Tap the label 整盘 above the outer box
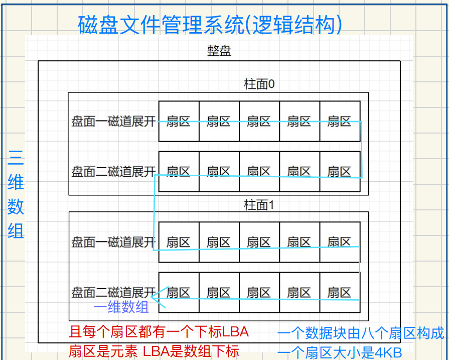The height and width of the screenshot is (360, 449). [x=219, y=51]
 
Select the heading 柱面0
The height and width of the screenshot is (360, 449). [x=259, y=84]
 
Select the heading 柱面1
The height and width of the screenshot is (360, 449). [x=259, y=205]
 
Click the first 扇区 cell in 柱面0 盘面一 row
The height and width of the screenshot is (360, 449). [x=179, y=121]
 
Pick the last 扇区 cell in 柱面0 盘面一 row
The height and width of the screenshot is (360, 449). [x=340, y=121]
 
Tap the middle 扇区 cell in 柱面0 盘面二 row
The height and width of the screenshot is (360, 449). [x=259, y=172]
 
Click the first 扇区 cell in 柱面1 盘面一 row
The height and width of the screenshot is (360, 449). [x=179, y=242]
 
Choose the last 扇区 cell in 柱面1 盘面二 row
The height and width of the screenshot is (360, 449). [x=340, y=292]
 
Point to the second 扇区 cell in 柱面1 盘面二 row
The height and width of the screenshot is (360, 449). [x=219, y=292]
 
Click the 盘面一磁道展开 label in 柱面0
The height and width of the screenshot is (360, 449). [x=114, y=122]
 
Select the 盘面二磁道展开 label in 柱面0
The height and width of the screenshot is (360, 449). [x=114, y=172]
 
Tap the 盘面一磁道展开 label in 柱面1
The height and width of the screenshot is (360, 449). [x=114, y=242]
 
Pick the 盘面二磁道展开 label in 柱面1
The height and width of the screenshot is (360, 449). [x=114, y=292]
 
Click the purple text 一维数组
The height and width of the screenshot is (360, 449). [x=121, y=307]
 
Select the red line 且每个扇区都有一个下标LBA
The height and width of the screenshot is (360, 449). [x=159, y=332]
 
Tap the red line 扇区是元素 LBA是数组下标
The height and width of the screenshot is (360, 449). [x=154, y=351]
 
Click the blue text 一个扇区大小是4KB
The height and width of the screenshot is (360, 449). [x=340, y=352]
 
